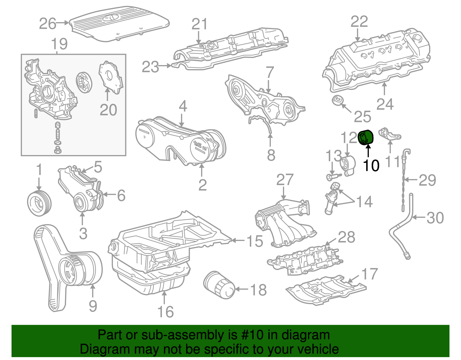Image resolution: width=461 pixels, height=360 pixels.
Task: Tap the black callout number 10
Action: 371,165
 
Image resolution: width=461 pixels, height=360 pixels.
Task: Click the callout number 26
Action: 48,24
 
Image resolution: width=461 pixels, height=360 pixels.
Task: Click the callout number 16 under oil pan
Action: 165,312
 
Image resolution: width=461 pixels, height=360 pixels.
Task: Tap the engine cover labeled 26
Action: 120,24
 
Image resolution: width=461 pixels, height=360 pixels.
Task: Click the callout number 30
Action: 435,218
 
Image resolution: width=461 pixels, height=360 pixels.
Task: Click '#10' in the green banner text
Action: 250,335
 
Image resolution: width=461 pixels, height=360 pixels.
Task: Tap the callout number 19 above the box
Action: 59,44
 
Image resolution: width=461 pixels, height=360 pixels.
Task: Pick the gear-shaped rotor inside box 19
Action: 84,82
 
